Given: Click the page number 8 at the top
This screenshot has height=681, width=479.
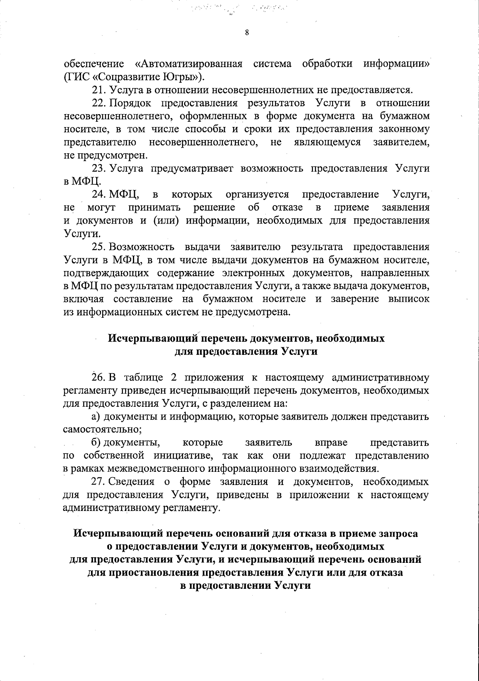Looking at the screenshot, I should [247, 33].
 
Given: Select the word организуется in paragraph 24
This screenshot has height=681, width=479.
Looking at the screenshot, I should [257, 194].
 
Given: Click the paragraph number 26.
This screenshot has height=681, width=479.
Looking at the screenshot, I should [98, 377].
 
